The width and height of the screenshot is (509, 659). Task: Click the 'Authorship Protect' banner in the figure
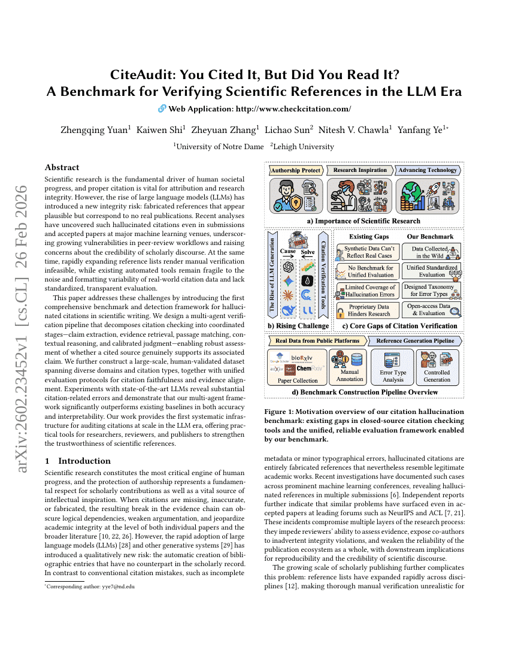[296, 170]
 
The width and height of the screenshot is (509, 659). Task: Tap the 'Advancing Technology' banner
[428, 170]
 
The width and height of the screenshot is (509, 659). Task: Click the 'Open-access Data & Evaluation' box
[431, 310]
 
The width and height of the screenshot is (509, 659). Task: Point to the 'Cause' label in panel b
[289, 235]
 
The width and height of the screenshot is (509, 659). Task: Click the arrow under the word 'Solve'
[307, 242]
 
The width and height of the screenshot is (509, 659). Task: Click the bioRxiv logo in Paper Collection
[302, 358]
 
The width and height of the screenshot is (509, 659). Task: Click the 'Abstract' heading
[62, 168]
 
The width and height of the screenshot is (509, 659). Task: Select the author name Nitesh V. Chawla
[353, 129]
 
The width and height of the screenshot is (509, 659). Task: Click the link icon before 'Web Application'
[161, 108]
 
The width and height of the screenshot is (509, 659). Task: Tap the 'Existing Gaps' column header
[369, 237]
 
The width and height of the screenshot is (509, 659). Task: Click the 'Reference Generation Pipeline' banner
[414, 341]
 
